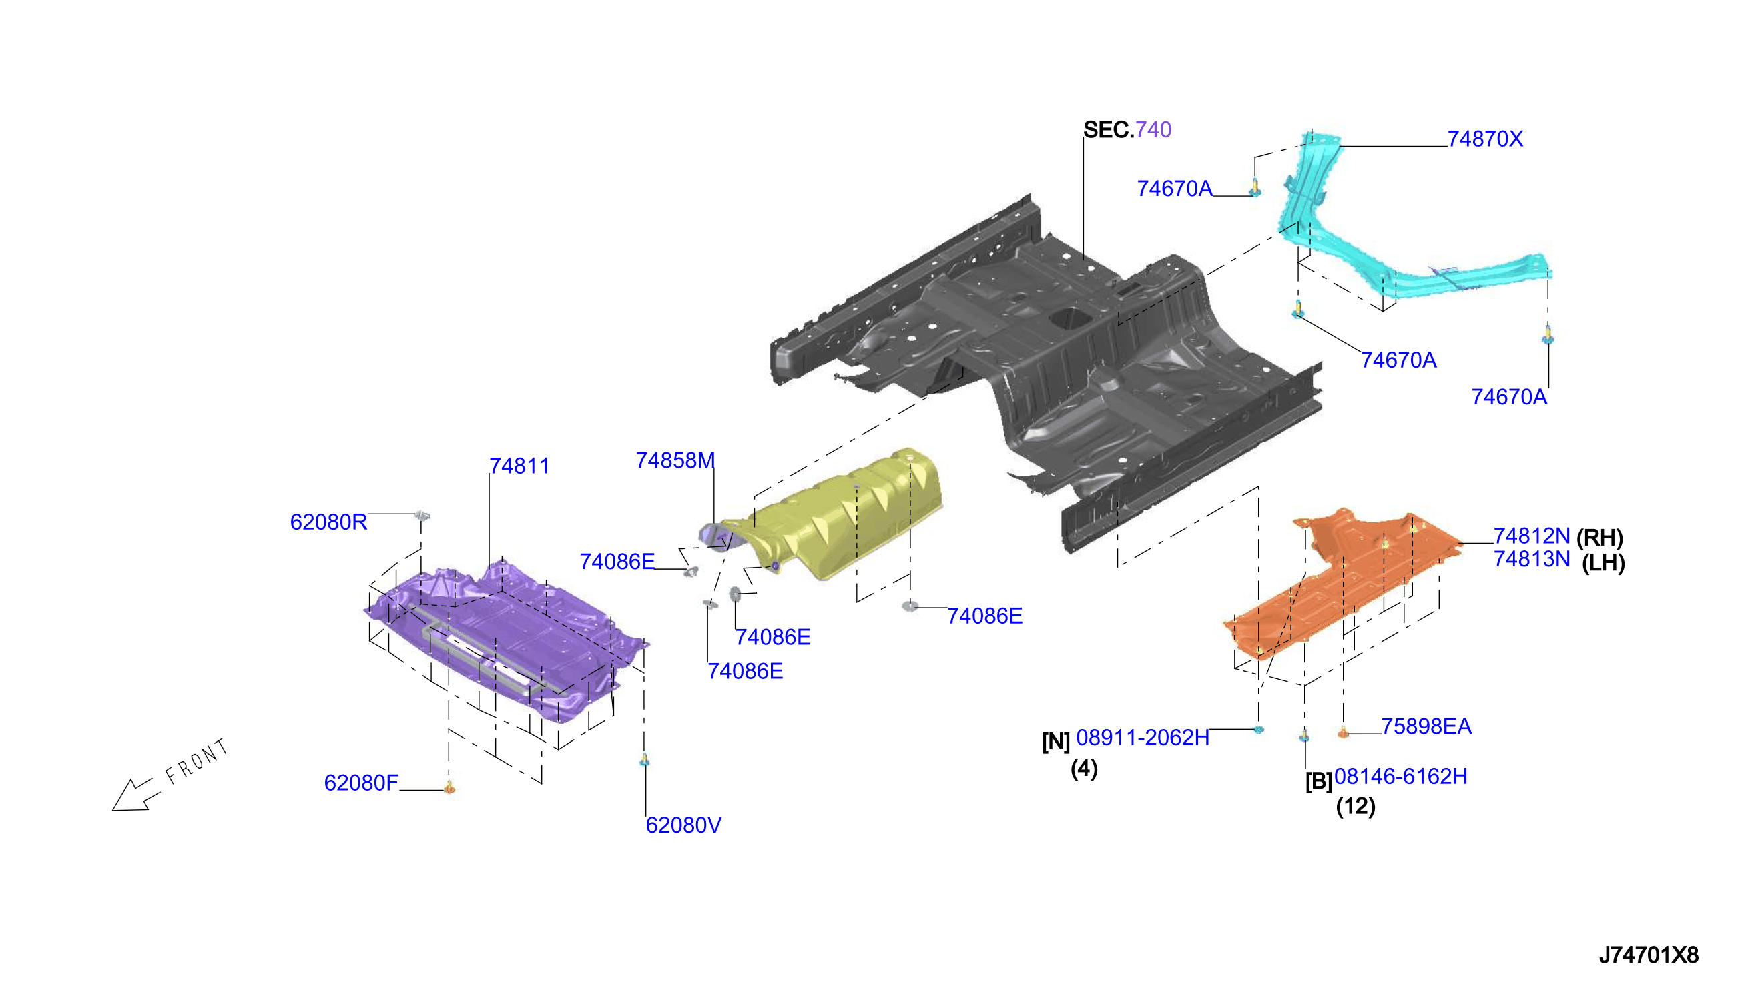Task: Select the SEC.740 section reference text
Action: [x=1127, y=129]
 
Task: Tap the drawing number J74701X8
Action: [x=1648, y=955]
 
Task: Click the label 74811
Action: [x=519, y=466]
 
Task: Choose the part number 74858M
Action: [x=675, y=460]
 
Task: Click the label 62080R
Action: [x=328, y=522]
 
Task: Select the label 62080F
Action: [x=361, y=783]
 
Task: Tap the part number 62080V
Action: [x=683, y=825]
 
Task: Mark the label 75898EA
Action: [x=1426, y=726]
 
